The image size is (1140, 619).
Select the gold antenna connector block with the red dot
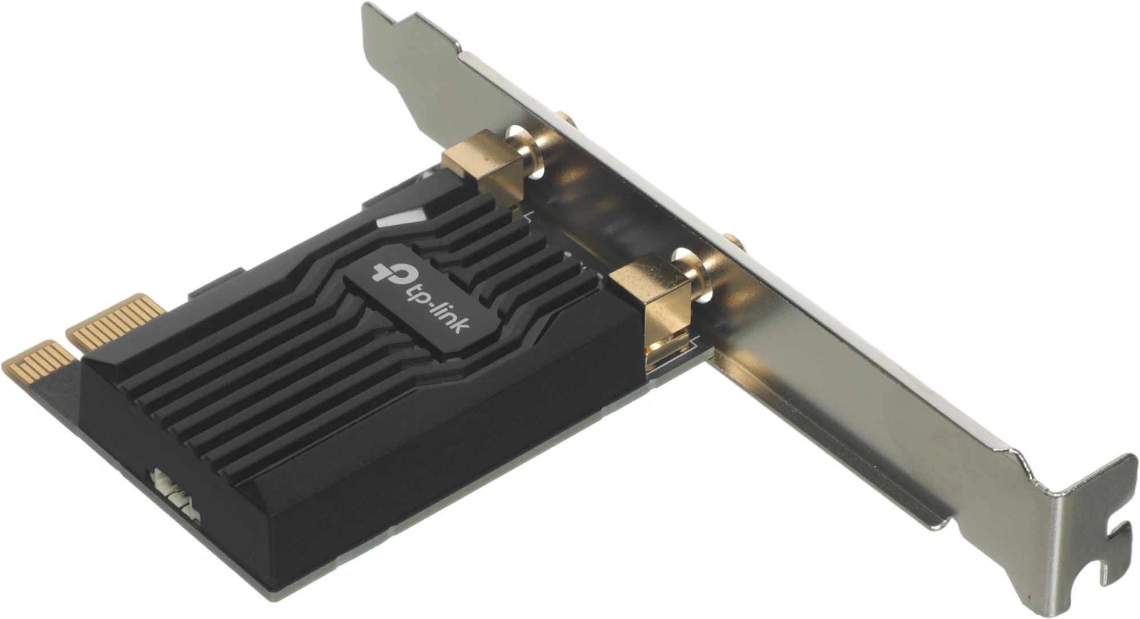(483, 163)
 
